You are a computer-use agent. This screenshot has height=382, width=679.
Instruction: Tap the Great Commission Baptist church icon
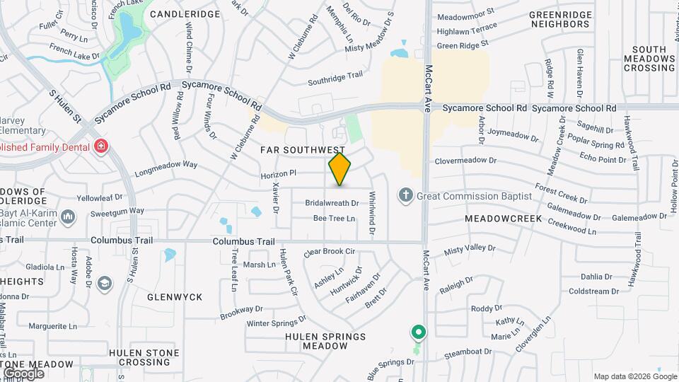406,195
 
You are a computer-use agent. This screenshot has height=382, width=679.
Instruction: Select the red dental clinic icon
101,146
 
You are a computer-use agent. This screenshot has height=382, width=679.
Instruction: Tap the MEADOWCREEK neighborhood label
504,219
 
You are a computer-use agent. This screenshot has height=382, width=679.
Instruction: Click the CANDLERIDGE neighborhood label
185,13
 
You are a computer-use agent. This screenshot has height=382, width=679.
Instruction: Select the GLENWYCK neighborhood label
174,297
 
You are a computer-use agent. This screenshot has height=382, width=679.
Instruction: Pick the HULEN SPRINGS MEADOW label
325,341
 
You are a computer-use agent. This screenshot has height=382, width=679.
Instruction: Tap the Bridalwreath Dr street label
332,203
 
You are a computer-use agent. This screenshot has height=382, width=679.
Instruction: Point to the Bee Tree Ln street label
334,219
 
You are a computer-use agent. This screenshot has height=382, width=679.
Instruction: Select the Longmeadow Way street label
166,167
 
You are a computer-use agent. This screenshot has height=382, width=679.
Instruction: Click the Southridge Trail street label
335,79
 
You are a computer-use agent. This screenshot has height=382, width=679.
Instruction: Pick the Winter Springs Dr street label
275,322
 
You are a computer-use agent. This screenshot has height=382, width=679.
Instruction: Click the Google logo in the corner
23,373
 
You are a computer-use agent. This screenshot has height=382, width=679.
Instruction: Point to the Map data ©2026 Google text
634,376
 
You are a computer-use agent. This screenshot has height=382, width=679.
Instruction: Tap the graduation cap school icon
105,284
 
